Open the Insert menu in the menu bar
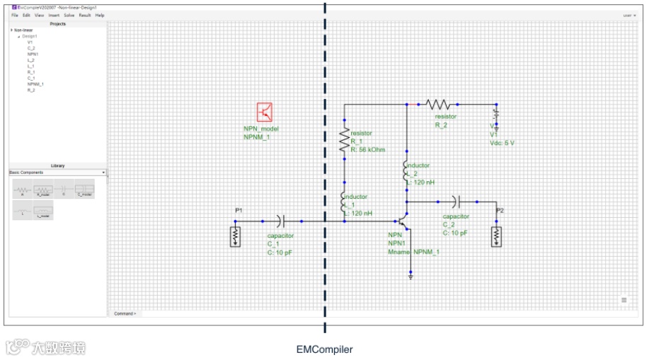coord(54,15)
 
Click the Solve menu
coord(69,15)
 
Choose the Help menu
coord(100,15)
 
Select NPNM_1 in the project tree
coord(35,84)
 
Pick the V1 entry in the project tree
coord(30,42)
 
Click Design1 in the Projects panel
coord(29,36)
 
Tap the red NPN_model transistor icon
coord(265,112)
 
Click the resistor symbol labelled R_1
coord(345,139)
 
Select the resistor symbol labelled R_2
coord(438,104)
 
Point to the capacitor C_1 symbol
coord(282,221)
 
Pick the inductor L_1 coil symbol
coord(345,204)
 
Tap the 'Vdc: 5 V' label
coord(502,142)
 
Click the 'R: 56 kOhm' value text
coord(368,150)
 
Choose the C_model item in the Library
coord(84,190)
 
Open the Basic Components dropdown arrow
coord(103,173)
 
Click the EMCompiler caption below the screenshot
coord(324,349)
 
